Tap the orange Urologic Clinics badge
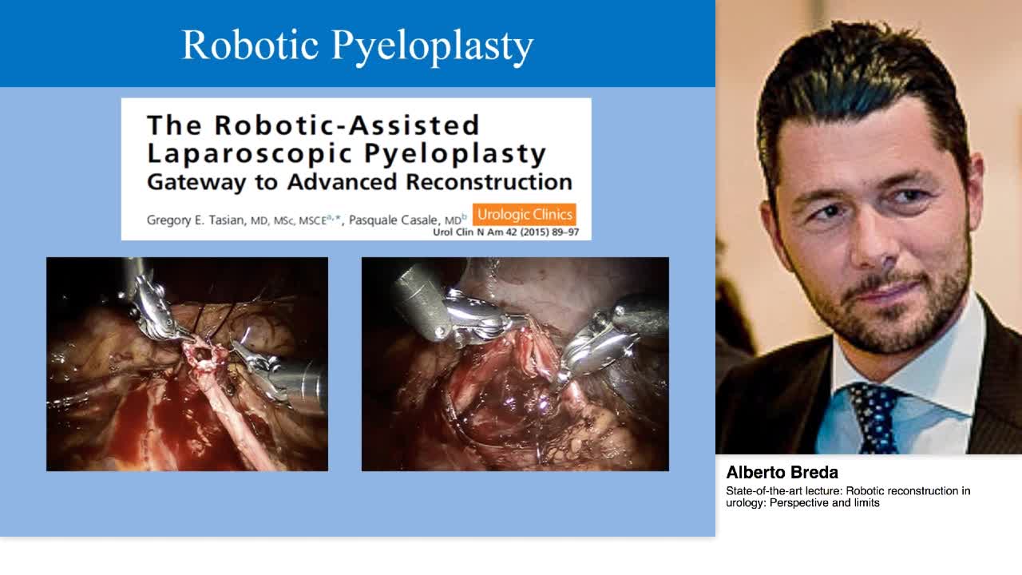click(524, 215)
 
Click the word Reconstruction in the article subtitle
click(489, 181)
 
